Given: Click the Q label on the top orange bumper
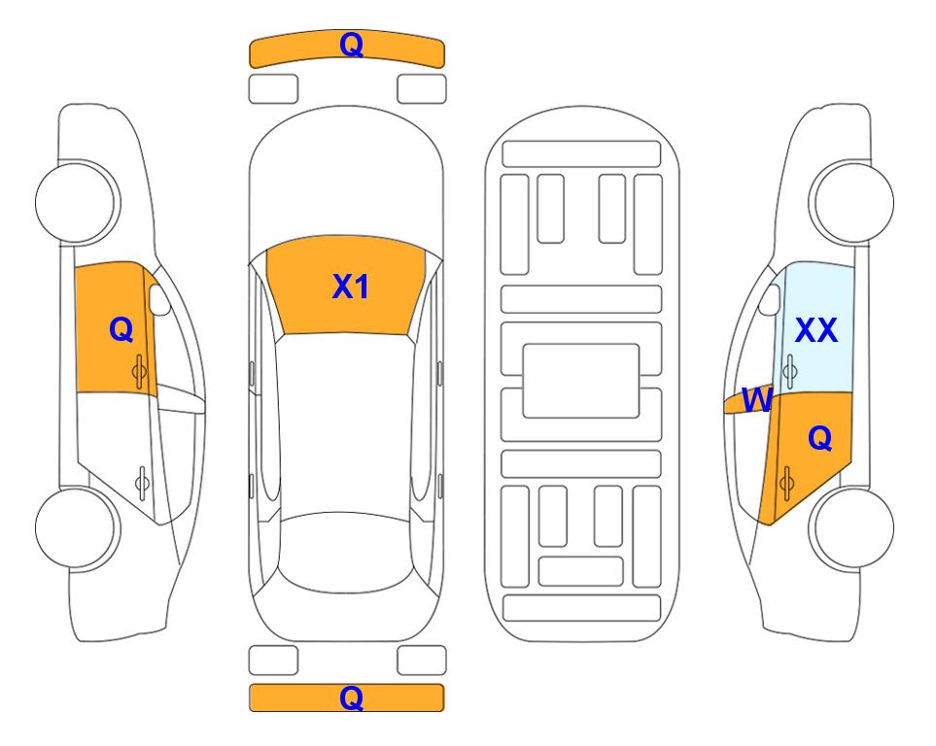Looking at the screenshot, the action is click(351, 45).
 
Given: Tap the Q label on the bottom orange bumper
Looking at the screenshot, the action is click(351, 697).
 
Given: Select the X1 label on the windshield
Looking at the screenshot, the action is click(351, 287).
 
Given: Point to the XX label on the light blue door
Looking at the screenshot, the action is click(816, 330).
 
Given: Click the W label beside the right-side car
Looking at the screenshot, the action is click(757, 399).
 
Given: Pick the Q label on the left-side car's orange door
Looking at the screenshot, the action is click(121, 329).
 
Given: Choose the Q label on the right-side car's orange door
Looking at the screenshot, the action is click(819, 439).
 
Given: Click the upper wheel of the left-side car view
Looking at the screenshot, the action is click(77, 202).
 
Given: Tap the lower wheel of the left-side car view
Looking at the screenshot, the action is click(77, 527).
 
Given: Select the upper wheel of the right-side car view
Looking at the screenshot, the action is click(851, 202).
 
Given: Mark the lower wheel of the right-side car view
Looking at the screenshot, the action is click(851, 527).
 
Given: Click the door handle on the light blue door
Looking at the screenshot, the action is click(789, 371).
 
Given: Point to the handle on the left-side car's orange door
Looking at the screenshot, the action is click(140, 371).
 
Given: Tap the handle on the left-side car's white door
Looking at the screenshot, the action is click(142, 482).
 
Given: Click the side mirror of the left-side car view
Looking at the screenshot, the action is click(159, 299).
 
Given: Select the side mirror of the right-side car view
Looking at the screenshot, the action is click(770, 299).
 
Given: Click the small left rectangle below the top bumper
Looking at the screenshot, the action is click(273, 89).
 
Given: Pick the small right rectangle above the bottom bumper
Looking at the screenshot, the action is click(422, 661).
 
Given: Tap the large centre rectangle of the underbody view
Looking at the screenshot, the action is click(581, 381).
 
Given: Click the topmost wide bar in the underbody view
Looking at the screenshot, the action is click(581, 154).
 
